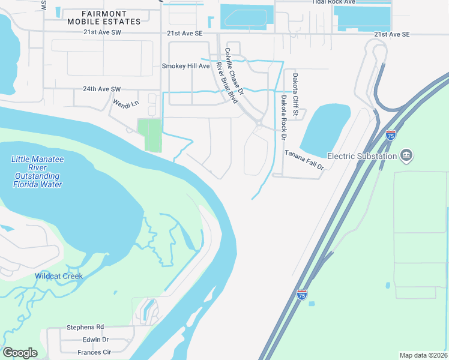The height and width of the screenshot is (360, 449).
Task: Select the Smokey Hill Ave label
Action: (185, 66)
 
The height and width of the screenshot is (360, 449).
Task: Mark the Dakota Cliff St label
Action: (295, 91)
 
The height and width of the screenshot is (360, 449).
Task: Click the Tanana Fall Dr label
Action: (304, 160)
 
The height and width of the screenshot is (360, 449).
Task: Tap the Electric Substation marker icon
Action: (406, 156)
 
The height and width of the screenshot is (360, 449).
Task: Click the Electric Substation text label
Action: (362, 156)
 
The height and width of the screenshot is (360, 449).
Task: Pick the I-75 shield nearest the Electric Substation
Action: (391, 136)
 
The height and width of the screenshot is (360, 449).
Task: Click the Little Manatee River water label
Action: (37, 172)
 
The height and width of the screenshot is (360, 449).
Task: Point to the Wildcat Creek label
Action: (58, 276)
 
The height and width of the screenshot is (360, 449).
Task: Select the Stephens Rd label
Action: (85, 328)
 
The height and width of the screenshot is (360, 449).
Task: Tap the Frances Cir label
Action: (94, 352)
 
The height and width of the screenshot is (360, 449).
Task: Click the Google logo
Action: (20, 352)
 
